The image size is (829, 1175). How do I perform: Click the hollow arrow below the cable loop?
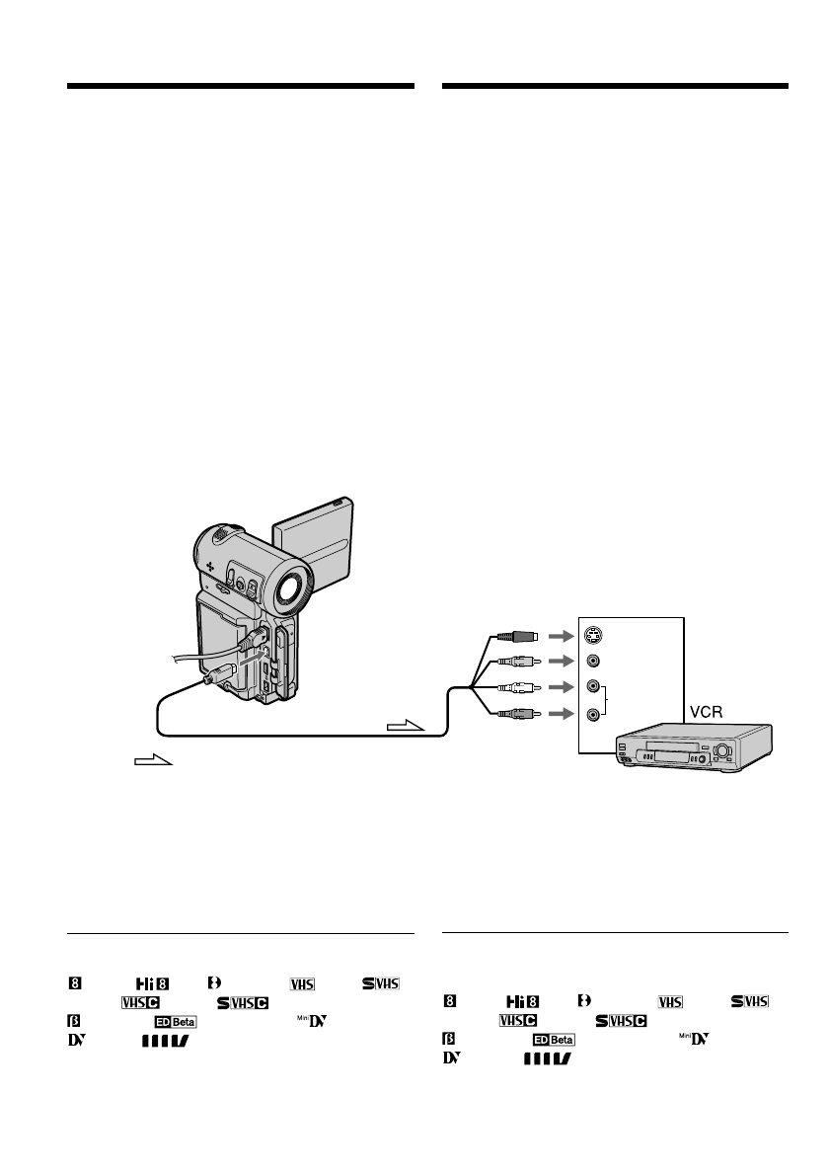click(153, 761)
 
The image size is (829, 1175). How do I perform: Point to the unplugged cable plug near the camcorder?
click(214, 674)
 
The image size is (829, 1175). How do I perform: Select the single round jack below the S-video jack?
click(592, 662)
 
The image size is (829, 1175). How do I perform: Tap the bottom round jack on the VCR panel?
click(592, 712)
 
